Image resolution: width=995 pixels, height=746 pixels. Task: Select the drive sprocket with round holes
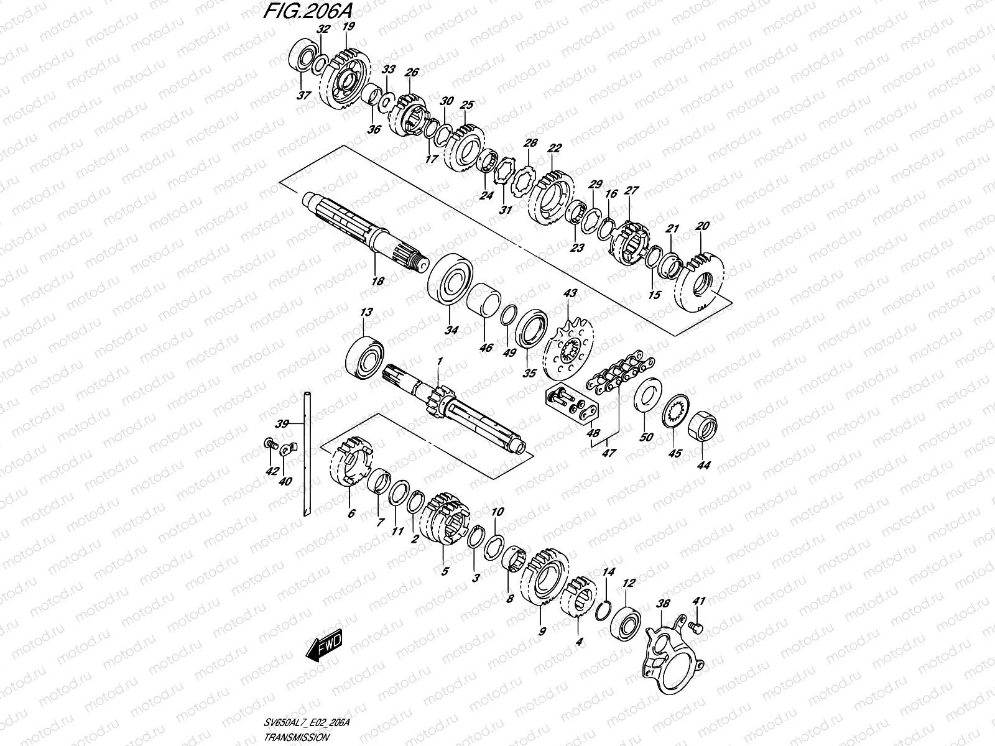(568, 355)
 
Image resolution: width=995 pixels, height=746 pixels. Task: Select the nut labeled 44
(703, 427)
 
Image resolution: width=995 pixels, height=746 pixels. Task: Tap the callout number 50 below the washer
(647, 437)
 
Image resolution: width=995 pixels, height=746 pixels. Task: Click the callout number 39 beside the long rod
(282, 424)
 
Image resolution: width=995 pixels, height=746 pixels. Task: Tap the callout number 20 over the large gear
(703, 226)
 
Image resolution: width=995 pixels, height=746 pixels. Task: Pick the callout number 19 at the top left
(348, 25)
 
